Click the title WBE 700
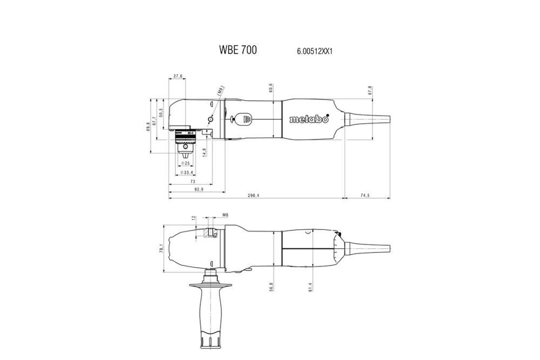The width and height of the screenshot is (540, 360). click(x=238, y=50)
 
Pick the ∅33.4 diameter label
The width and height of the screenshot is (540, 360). click(x=187, y=173)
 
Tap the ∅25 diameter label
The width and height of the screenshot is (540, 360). click(x=185, y=163)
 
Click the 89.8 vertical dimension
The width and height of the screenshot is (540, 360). click(x=148, y=126)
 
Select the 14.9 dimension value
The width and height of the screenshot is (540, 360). click(x=204, y=153)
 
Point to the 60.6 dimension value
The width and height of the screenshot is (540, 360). click(x=271, y=87)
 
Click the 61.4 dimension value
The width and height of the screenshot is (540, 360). click(x=310, y=287)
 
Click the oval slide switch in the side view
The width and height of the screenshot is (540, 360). click(x=242, y=119)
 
